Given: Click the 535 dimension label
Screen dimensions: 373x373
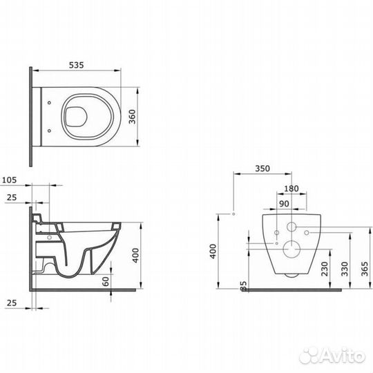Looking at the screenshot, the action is click(77, 65).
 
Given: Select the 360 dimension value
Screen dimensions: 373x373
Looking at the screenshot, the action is click(133, 117).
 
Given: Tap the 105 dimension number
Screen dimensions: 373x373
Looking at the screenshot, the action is click(10, 180).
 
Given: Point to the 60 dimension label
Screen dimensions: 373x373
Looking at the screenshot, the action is click(106, 281).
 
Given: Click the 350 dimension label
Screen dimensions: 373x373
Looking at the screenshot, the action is click(262, 169).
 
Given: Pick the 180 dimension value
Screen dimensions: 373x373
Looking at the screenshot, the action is click(291, 189).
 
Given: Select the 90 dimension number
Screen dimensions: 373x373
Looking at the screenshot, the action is click(285, 204).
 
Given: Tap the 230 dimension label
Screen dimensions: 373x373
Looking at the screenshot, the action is click(325, 269).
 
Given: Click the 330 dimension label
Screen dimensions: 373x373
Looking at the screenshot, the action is click(345, 269).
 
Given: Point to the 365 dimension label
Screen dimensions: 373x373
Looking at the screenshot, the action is click(365, 269).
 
